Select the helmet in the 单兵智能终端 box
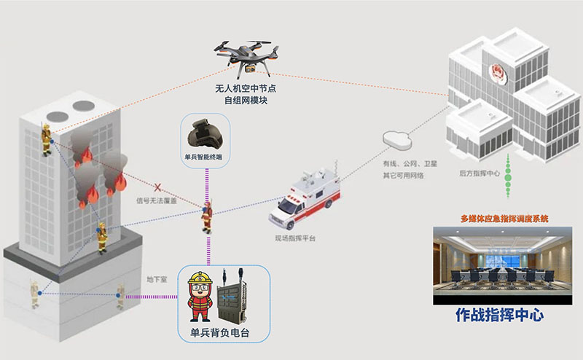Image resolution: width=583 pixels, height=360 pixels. pos(206,136)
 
